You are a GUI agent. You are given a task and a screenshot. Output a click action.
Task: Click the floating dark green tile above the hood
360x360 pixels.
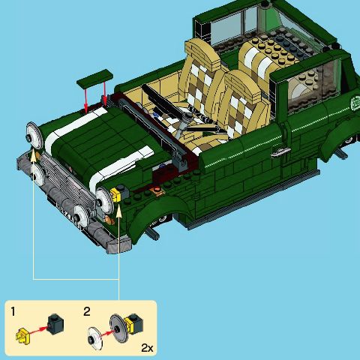click(94, 78)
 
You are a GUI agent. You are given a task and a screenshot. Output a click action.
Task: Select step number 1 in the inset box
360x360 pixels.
click(13, 312)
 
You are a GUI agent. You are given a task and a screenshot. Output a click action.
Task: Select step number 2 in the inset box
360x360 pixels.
click(87, 312)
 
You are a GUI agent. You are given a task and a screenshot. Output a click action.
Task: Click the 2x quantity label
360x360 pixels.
click(147, 348)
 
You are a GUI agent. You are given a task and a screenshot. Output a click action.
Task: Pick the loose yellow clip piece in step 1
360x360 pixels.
click(23, 336)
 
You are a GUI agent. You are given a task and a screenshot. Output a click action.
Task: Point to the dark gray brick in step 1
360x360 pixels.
click(55, 324)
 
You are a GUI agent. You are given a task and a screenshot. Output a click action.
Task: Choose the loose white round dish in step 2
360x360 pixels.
click(95, 338)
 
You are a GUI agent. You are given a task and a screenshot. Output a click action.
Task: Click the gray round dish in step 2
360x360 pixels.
click(119, 328)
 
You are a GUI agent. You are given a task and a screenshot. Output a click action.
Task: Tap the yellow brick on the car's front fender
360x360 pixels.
click(115, 194)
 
